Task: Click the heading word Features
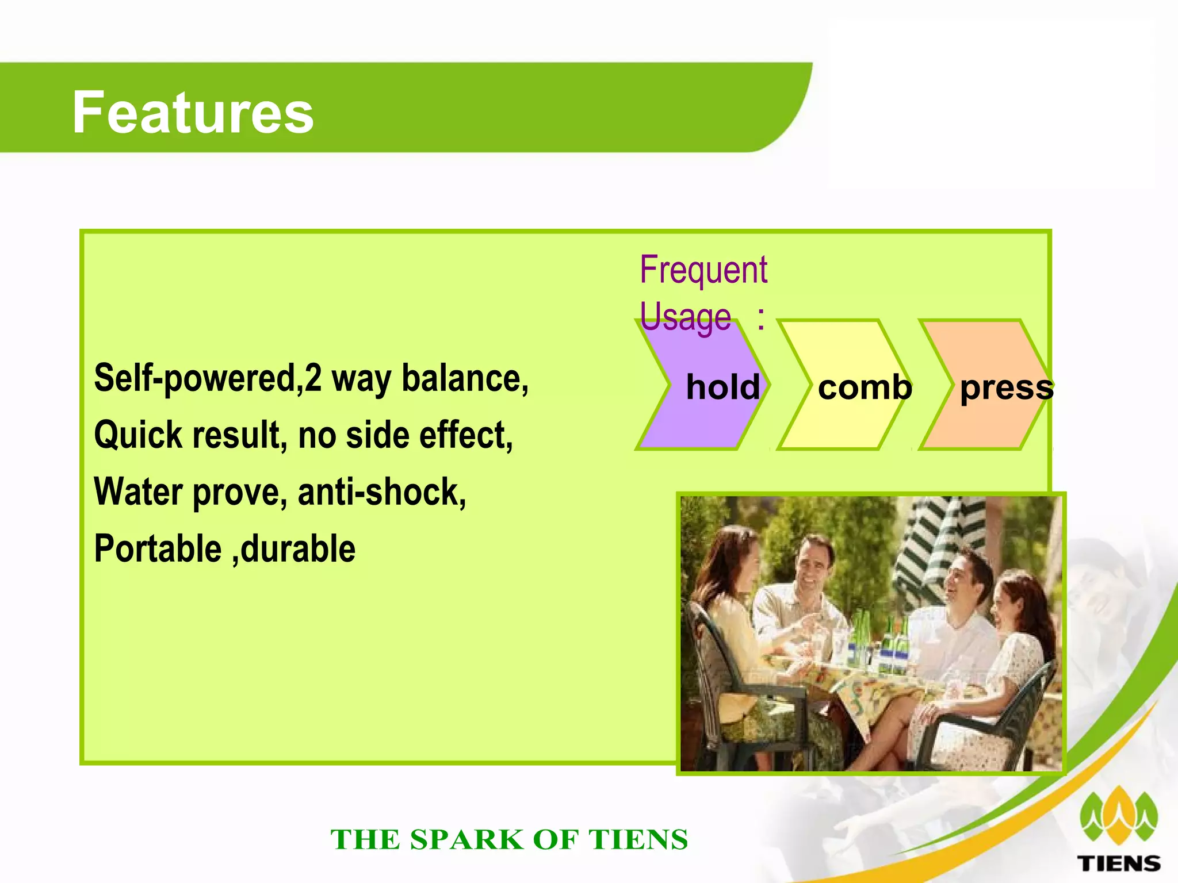coord(193,113)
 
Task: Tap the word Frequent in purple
coord(703,270)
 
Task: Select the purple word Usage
coord(685,317)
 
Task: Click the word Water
coord(138,493)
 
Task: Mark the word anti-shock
coord(382,493)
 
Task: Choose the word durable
coord(298,549)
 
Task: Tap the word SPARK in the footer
coord(466,840)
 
